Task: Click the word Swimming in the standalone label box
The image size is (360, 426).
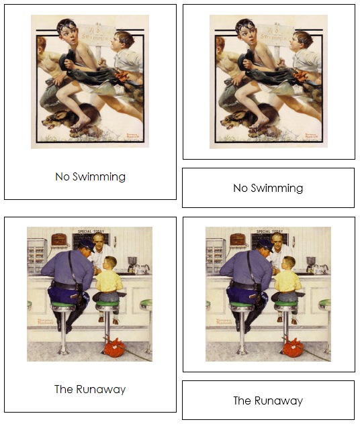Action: pos(277,188)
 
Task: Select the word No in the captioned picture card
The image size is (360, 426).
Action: pos(62,177)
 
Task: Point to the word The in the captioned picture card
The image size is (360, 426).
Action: pos(63,389)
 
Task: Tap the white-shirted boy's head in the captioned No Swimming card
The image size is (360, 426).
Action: pos(122,42)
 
